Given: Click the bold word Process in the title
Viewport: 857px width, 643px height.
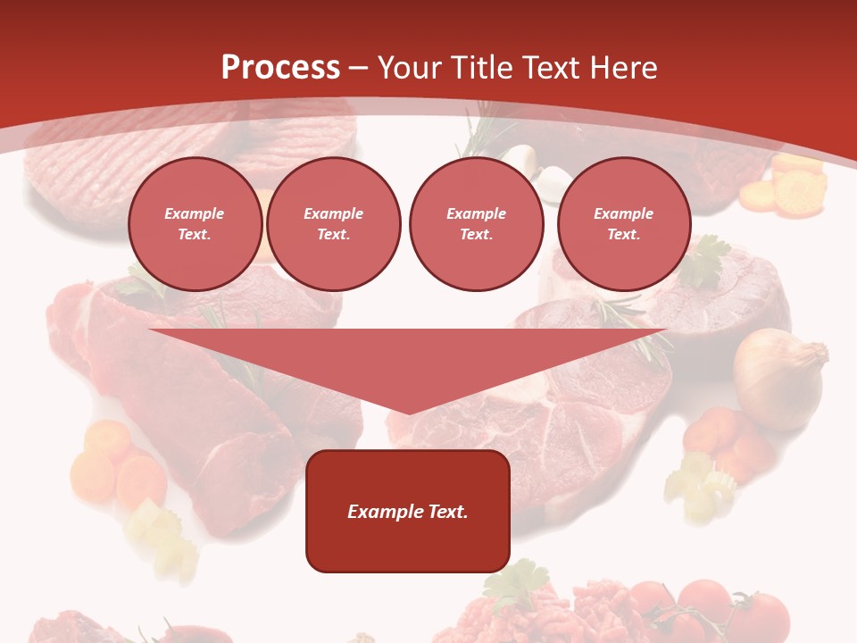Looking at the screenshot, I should pyautogui.click(x=280, y=68).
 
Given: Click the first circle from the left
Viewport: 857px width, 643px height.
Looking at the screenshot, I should pyautogui.click(x=195, y=223).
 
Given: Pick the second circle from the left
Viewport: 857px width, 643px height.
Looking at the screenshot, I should pyautogui.click(x=333, y=223).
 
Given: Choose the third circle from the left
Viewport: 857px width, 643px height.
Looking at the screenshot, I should pyautogui.click(x=476, y=223).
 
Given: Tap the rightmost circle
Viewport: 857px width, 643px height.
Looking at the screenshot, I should pyautogui.click(x=623, y=223).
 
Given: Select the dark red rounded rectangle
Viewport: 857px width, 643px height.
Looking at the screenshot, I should pyautogui.click(x=407, y=545).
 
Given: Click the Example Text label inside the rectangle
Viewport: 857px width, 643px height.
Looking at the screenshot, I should pyautogui.click(x=407, y=512).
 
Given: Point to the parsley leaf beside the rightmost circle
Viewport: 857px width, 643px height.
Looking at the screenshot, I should pyautogui.click(x=705, y=259).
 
